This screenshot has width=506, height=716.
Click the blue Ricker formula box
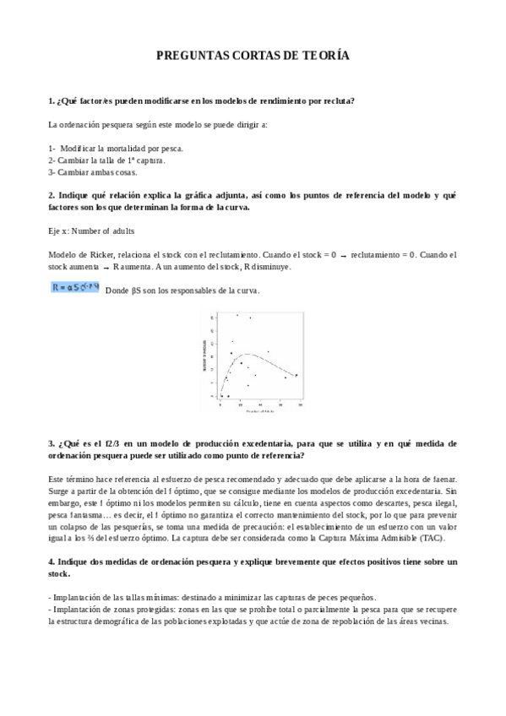[x=75, y=288]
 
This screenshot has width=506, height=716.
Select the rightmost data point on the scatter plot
[x=296, y=374]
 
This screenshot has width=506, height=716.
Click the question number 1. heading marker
[x=52, y=101]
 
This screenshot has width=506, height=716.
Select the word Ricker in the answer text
[x=100, y=254]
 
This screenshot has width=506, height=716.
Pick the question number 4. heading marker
[x=52, y=561]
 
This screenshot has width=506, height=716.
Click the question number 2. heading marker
[x=52, y=194]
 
